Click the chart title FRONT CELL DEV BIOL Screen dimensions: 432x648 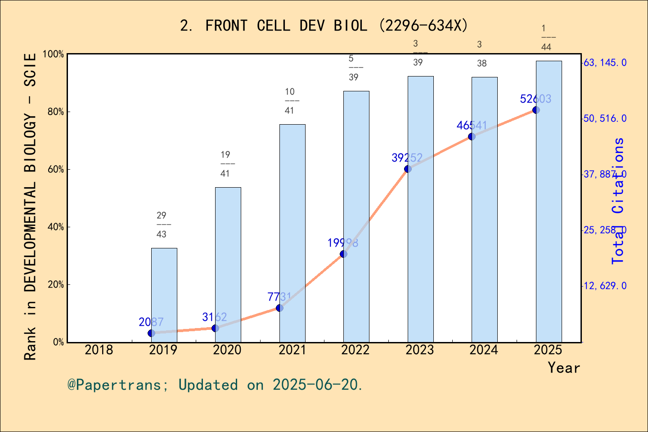pyautogui.click(x=324, y=26)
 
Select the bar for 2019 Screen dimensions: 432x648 pyautogui.click(x=164, y=295)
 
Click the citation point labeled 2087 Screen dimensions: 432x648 pyautogui.click(x=151, y=333)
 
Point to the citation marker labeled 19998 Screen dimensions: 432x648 pyautogui.click(x=343, y=254)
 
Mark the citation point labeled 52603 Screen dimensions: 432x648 pyautogui.click(x=536, y=110)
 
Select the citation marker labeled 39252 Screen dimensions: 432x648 pyautogui.click(x=408, y=169)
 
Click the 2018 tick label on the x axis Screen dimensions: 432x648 pyautogui.click(x=99, y=350)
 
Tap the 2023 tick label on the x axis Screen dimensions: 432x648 pyautogui.click(x=420, y=350)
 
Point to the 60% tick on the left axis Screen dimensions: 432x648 pyautogui.click(x=56, y=170)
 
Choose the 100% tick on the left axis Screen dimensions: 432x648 pyautogui.click(x=54, y=54)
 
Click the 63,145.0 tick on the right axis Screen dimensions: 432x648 pyautogui.click(x=605, y=63)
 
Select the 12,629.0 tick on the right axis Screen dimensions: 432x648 pyautogui.click(x=605, y=286)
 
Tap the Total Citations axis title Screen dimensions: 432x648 pyautogui.click(x=619, y=201)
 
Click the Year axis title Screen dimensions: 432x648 pyautogui.click(x=564, y=368)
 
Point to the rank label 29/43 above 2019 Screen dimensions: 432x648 pyautogui.click(x=162, y=225)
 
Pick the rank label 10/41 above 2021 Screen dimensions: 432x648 pyautogui.click(x=290, y=101)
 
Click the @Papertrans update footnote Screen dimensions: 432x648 pyautogui.click(x=215, y=385)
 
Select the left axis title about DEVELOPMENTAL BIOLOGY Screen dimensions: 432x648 pyautogui.click(x=30, y=207)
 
